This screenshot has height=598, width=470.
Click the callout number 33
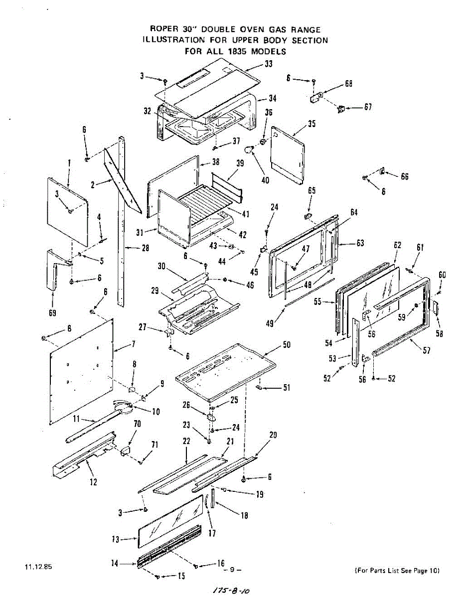269,64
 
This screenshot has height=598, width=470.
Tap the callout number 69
52,313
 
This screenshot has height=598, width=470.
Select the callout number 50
287,344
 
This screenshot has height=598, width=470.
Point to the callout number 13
115,539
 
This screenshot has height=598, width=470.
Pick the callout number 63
360,243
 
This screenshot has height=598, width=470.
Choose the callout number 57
427,350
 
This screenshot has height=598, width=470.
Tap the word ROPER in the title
164,30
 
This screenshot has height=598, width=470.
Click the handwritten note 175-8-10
231,590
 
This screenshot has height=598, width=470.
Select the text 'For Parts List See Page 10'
397,571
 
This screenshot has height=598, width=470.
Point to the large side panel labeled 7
82,371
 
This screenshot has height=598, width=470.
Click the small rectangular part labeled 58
435,307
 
